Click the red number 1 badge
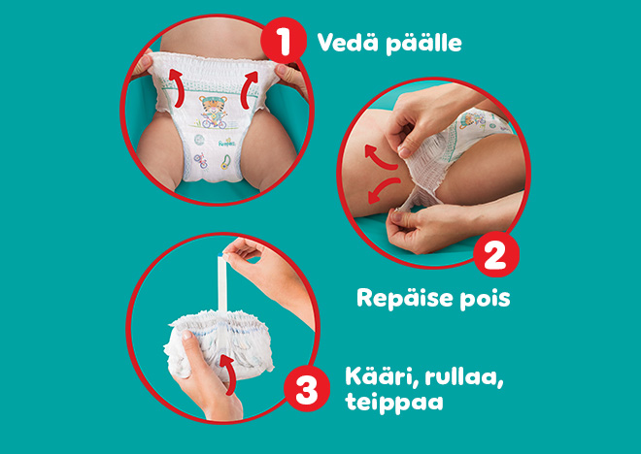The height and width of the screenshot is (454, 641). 284,41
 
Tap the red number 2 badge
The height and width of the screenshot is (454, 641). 496,255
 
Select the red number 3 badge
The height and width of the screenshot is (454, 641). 307,388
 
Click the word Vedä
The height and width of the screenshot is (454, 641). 348,42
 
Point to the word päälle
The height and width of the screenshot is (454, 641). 423,44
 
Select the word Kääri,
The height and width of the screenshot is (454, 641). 382,376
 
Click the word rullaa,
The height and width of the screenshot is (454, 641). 464,377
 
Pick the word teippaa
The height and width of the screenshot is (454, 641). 394,402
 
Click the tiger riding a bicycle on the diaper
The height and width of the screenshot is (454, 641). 213,112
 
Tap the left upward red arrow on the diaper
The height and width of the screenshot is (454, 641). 176,87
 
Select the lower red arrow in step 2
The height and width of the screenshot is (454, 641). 383,190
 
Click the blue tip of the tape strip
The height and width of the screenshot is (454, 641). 221,254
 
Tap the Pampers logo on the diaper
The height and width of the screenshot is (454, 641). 227,144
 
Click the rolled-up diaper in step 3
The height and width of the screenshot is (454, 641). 219,343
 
